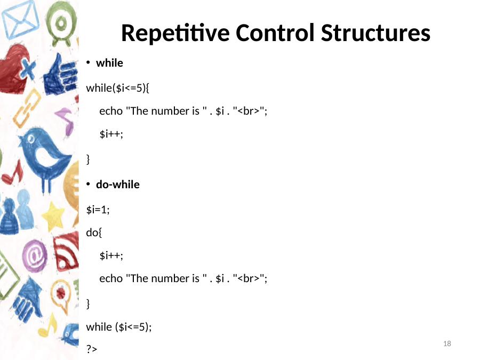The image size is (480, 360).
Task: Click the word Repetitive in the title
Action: (x=175, y=33)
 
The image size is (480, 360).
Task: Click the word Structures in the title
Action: (x=375, y=33)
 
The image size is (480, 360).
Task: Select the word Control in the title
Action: (x=275, y=33)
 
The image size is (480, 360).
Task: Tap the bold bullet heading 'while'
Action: (x=109, y=63)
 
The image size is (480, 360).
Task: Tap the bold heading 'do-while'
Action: (x=117, y=185)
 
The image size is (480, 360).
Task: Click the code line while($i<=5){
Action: (x=117, y=88)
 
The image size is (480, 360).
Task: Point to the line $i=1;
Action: (x=98, y=210)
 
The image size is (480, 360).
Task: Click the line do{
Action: (x=94, y=233)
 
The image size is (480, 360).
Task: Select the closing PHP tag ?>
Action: (x=92, y=349)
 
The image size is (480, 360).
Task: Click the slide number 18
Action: (x=447, y=343)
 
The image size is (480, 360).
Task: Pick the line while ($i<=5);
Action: (x=119, y=327)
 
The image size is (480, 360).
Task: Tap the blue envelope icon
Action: (x=20, y=19)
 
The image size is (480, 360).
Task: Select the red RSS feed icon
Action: (x=66, y=252)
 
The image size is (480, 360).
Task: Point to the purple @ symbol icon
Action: (x=35, y=256)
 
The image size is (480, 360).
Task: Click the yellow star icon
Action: (x=53, y=216)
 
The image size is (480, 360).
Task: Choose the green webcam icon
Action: (x=61, y=23)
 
